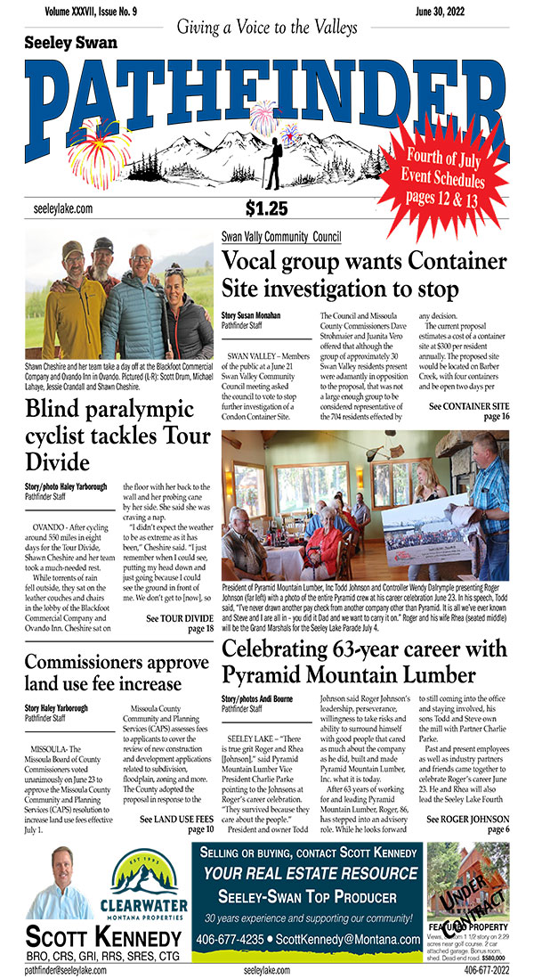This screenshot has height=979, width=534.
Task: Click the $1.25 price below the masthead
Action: (x=266, y=208)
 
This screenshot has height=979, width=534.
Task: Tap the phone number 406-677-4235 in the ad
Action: (x=234, y=939)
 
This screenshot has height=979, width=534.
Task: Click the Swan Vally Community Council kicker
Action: (x=281, y=237)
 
